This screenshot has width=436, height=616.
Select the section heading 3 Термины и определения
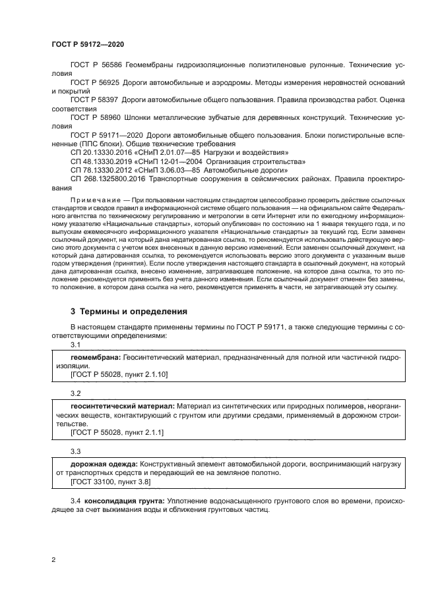point(129,311)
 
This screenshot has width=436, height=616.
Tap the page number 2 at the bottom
point(53,560)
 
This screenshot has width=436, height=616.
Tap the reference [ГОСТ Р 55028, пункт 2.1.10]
point(119,374)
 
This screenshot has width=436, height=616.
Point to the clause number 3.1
point(75,345)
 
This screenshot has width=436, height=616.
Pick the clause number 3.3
point(75,452)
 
